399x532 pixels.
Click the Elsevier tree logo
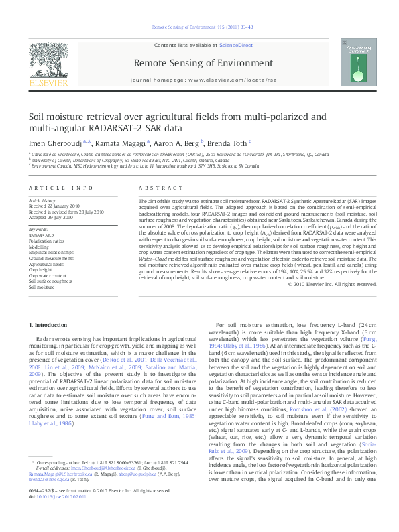tap(48, 64)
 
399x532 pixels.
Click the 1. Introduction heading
tap(50, 325)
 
